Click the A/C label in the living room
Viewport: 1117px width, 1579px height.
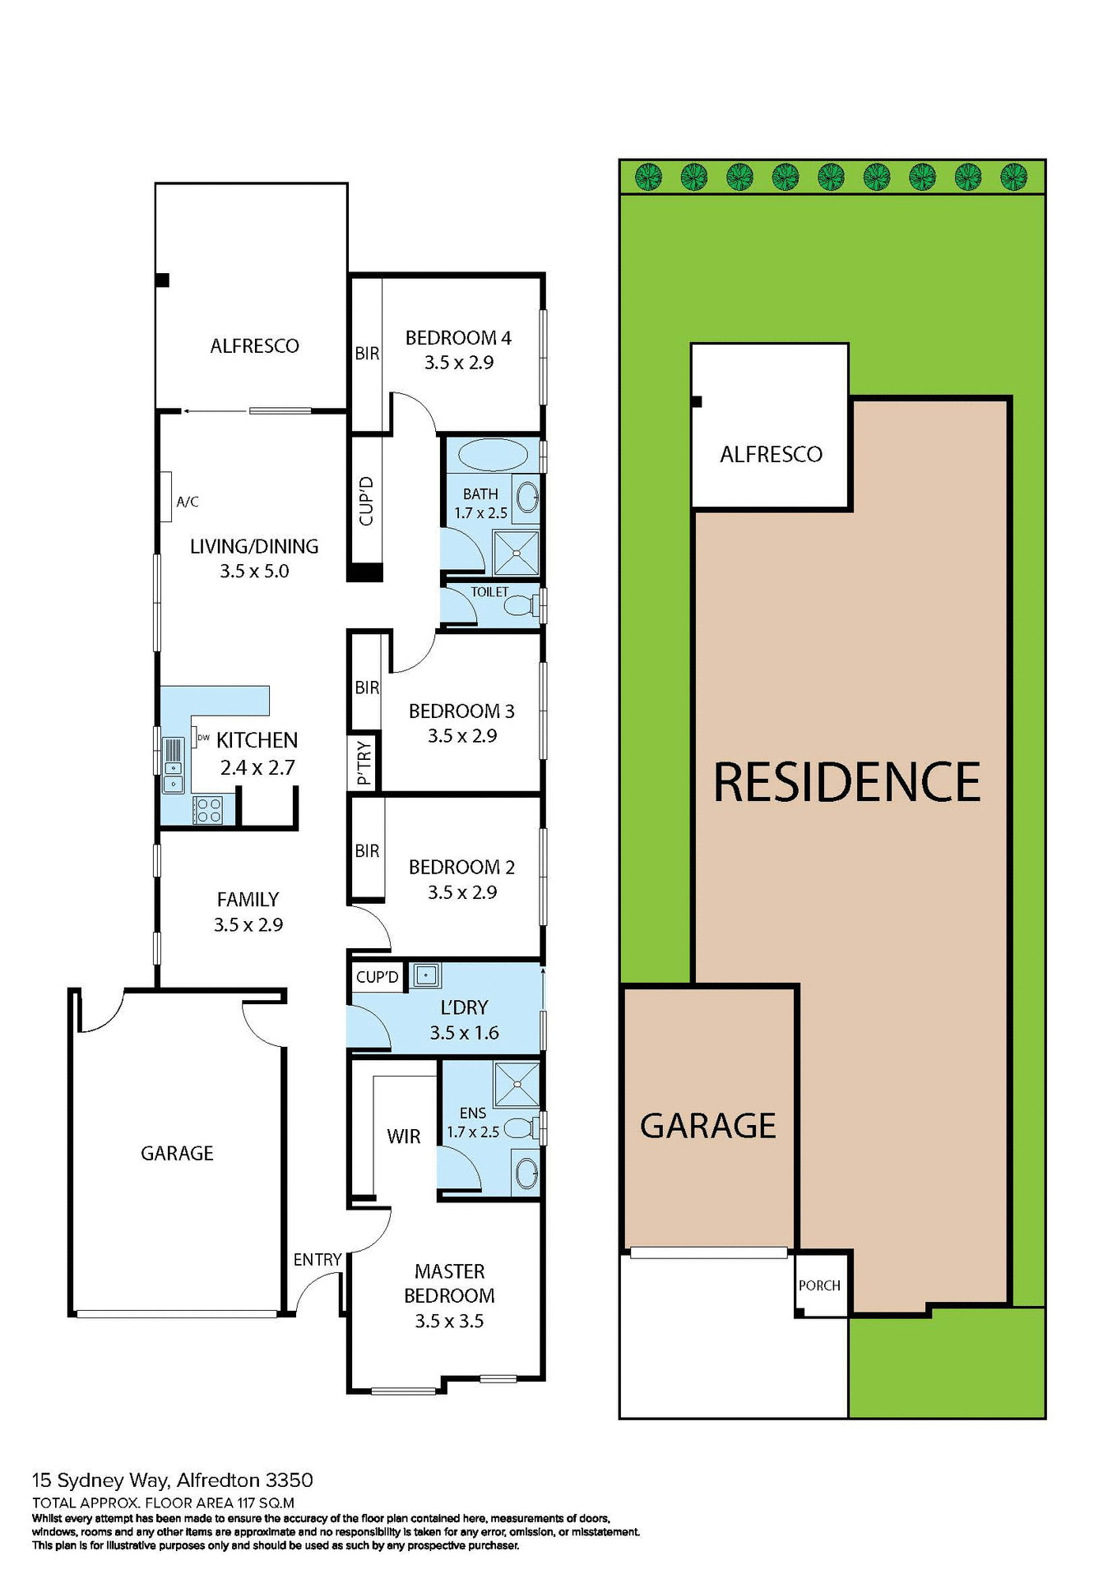click(x=188, y=502)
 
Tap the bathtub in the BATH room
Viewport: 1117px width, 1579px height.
click(x=493, y=455)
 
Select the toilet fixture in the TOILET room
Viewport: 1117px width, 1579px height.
click(x=519, y=607)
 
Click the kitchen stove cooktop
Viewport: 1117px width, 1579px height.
click(x=207, y=810)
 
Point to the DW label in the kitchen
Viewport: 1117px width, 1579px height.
click(x=203, y=738)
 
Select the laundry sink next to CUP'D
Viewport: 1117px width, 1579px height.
click(x=426, y=975)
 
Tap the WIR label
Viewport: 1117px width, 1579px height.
click(x=403, y=1137)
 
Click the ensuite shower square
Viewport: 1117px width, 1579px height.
click(x=517, y=1084)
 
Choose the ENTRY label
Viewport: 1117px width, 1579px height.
click(x=317, y=1260)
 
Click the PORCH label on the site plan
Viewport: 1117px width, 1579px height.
click(x=819, y=1285)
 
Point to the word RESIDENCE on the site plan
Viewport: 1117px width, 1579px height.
click(x=846, y=782)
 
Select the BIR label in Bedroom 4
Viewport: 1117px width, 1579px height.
click(x=367, y=354)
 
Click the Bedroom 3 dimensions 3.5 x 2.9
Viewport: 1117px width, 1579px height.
click(x=462, y=736)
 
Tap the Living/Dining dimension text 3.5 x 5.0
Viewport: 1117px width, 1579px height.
click(x=254, y=572)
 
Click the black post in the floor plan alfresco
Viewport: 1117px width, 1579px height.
click(x=163, y=280)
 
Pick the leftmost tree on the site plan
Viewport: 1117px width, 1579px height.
click(x=649, y=176)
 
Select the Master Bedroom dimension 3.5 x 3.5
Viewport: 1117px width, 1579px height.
click(x=449, y=1322)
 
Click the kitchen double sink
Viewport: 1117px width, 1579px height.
click(x=174, y=777)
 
